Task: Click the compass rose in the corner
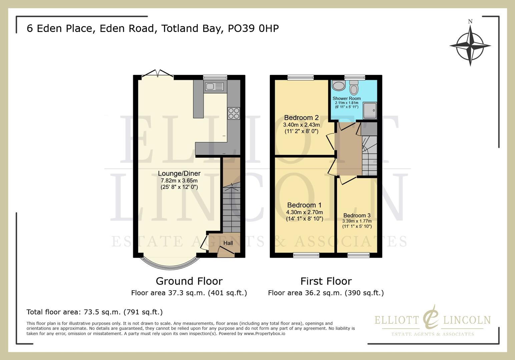(470, 46)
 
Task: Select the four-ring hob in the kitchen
(233, 113)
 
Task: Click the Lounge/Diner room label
(179, 173)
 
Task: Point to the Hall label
(228, 243)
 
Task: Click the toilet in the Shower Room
(354, 88)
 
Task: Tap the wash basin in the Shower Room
(339, 86)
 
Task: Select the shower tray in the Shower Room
(370, 110)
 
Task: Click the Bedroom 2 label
(301, 118)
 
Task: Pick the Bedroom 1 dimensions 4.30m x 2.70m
(304, 212)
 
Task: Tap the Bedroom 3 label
(357, 215)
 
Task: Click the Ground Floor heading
(189, 281)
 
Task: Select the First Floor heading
(326, 281)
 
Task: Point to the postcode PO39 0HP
(253, 29)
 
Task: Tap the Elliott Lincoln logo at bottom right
(432, 320)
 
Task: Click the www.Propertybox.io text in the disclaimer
(265, 333)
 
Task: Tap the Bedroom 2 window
(301, 77)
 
